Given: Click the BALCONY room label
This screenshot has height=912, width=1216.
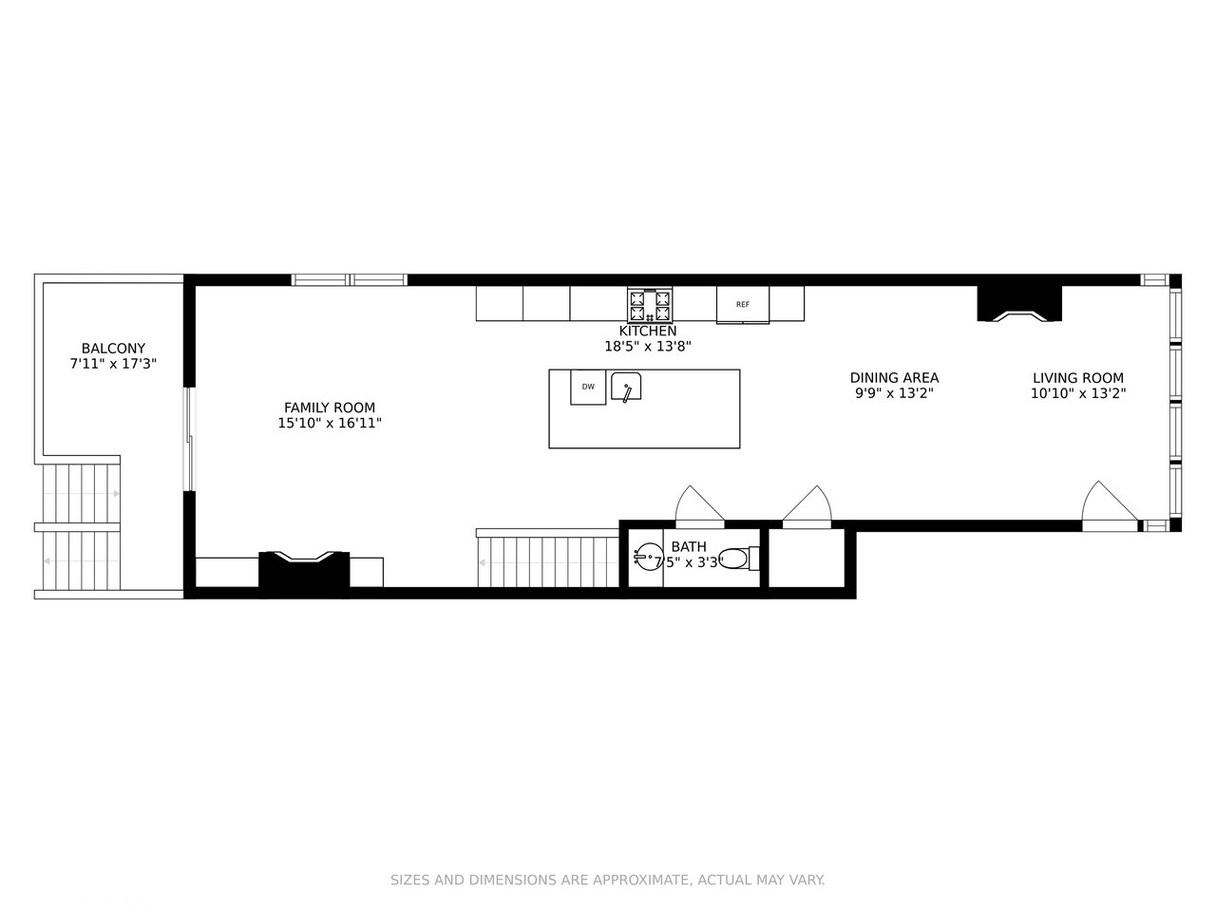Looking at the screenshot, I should point(113,349).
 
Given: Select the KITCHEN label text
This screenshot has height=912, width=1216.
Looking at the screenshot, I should point(648,331).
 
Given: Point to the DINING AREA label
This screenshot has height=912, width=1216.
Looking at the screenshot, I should point(894,378).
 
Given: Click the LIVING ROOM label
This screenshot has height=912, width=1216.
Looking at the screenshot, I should point(1078,378).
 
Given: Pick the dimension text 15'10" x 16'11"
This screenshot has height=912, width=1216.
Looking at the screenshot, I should point(330,424).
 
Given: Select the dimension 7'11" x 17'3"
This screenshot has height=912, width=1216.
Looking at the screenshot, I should point(113,364).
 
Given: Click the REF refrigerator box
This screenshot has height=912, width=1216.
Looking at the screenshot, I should point(743,305).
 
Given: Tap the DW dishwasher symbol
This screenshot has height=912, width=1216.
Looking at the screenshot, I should point(588,387).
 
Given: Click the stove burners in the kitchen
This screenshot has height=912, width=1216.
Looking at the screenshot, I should point(650,306).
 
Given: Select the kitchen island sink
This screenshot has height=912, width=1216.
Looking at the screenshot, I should point(627,388).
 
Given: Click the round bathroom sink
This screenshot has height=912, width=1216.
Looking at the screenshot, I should point(648,557).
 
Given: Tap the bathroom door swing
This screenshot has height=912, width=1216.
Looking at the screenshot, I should point(699,505).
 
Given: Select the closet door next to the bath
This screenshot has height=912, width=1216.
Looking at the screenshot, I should point(807,505).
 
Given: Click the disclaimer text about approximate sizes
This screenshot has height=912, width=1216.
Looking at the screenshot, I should point(608,881).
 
